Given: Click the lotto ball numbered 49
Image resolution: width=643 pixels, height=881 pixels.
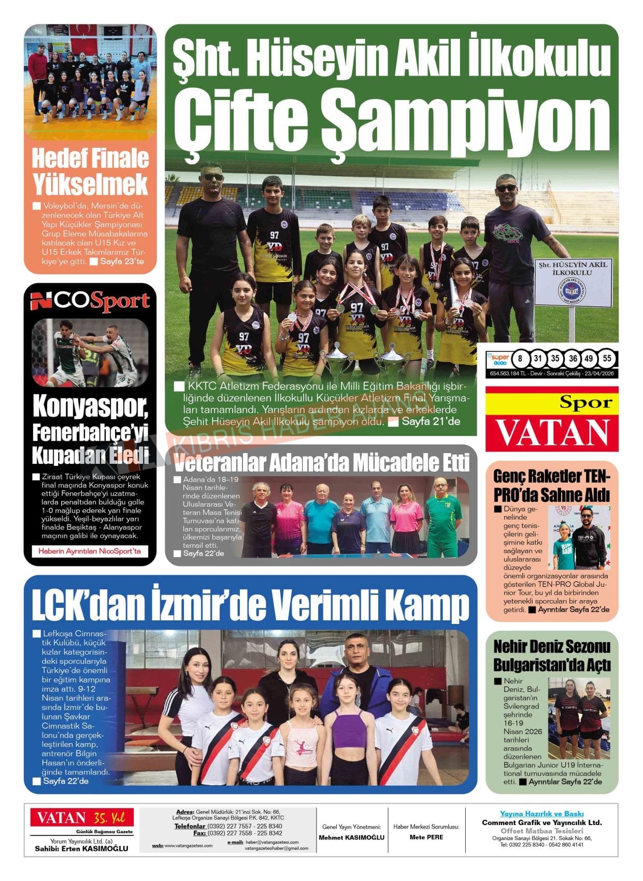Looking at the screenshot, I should click(x=589, y=359).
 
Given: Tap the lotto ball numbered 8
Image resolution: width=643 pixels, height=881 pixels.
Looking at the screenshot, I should click(x=520, y=359).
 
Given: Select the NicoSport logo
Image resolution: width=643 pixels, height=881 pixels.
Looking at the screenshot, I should click(x=90, y=302).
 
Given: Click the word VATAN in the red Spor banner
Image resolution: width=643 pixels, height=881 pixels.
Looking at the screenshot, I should click(x=552, y=433).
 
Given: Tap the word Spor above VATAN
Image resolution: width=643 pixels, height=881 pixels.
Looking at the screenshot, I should click(x=585, y=403).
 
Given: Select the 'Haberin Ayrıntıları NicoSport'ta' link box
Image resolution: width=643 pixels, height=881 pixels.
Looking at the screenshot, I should click(x=90, y=551).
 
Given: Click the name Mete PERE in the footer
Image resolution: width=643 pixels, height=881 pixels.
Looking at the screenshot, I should click(x=426, y=837).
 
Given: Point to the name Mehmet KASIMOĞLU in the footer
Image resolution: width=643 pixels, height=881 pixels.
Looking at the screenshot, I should click(x=351, y=837).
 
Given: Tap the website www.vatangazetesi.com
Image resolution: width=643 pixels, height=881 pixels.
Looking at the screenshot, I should click(x=188, y=846).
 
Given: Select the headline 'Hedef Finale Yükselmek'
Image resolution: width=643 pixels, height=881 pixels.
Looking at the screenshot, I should click(x=90, y=172).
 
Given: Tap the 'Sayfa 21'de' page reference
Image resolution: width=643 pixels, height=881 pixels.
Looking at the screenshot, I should click(x=431, y=422).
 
